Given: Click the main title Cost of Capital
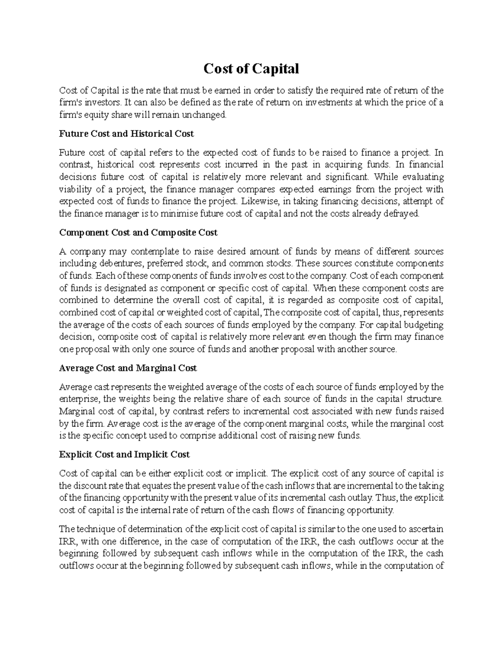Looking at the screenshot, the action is click(x=251, y=68).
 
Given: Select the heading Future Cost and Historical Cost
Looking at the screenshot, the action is click(x=126, y=134).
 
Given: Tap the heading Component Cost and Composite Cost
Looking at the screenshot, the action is click(x=138, y=232).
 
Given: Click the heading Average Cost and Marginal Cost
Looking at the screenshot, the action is click(x=128, y=368).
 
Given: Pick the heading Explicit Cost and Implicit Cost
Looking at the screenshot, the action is click(x=124, y=454).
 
